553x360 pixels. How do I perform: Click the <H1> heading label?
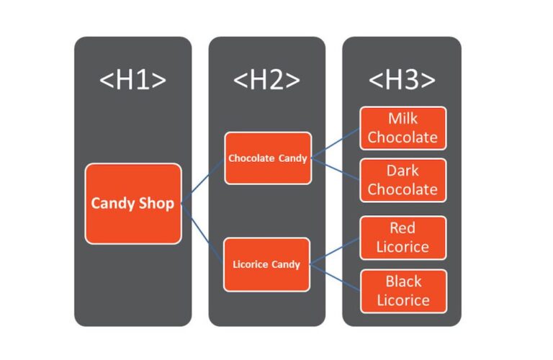[x=132, y=81]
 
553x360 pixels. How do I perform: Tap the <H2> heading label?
[x=266, y=81]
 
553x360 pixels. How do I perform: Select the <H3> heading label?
[x=402, y=81]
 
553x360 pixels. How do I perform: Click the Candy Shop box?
[x=132, y=204]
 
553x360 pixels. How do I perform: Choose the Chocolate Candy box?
[x=267, y=158]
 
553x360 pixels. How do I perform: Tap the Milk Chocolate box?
[x=403, y=128]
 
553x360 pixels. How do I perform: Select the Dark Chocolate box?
[x=403, y=181]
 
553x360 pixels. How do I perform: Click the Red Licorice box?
[x=403, y=238]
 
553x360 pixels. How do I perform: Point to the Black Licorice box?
[x=403, y=291]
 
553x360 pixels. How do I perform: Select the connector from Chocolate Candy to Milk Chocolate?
[x=336, y=143]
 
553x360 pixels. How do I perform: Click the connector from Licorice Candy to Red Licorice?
[x=336, y=251]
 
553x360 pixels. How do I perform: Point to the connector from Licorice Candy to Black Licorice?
[x=336, y=278]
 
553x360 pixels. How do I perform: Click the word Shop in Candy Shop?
[x=156, y=204]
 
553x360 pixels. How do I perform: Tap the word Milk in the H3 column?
[x=403, y=119]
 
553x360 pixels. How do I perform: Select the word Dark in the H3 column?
[x=403, y=171]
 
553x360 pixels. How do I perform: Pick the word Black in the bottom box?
[x=403, y=282]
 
